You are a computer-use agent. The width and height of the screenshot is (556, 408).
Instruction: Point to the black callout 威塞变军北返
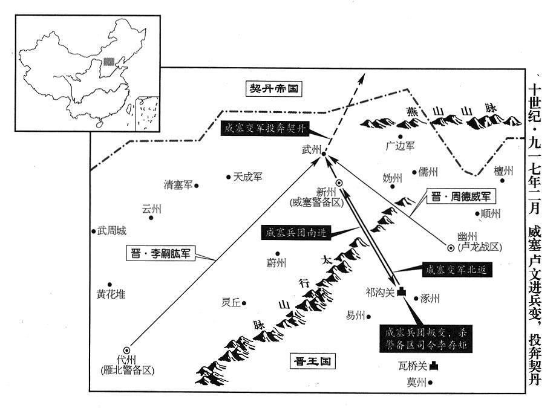(455, 270)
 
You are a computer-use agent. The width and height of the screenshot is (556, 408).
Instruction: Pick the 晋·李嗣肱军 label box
(162, 254)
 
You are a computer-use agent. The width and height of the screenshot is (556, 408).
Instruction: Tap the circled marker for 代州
(126, 349)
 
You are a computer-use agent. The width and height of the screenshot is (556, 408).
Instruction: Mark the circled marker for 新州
(339, 183)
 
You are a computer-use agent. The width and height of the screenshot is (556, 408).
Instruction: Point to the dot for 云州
(151, 218)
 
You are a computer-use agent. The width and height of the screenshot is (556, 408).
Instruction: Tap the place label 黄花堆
(111, 294)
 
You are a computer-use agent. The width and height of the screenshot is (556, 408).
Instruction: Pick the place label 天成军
(248, 176)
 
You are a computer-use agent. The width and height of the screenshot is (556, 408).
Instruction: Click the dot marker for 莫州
(432, 382)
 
